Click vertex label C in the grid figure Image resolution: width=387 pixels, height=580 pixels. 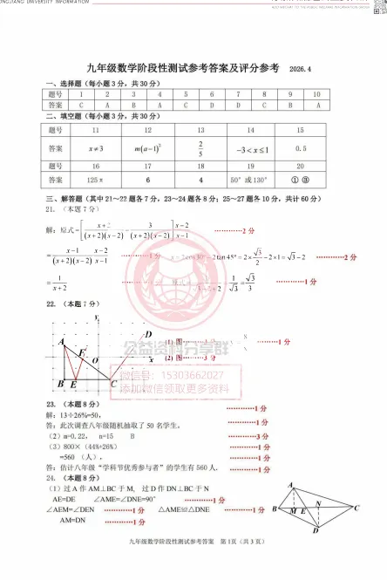pos(114,383)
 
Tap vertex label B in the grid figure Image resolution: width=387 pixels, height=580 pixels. pos(59,384)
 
